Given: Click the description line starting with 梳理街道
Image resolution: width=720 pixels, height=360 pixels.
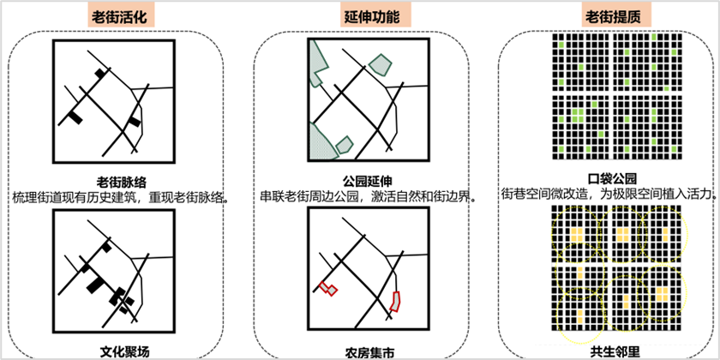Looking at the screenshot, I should click(x=119, y=196).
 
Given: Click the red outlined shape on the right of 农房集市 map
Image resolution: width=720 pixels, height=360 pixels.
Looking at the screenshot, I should click(x=396, y=300).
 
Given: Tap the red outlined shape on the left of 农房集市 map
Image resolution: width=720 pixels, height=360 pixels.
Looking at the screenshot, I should click(x=327, y=289).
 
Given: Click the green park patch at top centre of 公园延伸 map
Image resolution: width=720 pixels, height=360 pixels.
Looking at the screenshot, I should click(x=380, y=64).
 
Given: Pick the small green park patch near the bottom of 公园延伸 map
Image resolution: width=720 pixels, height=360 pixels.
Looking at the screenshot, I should click(x=345, y=144).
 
